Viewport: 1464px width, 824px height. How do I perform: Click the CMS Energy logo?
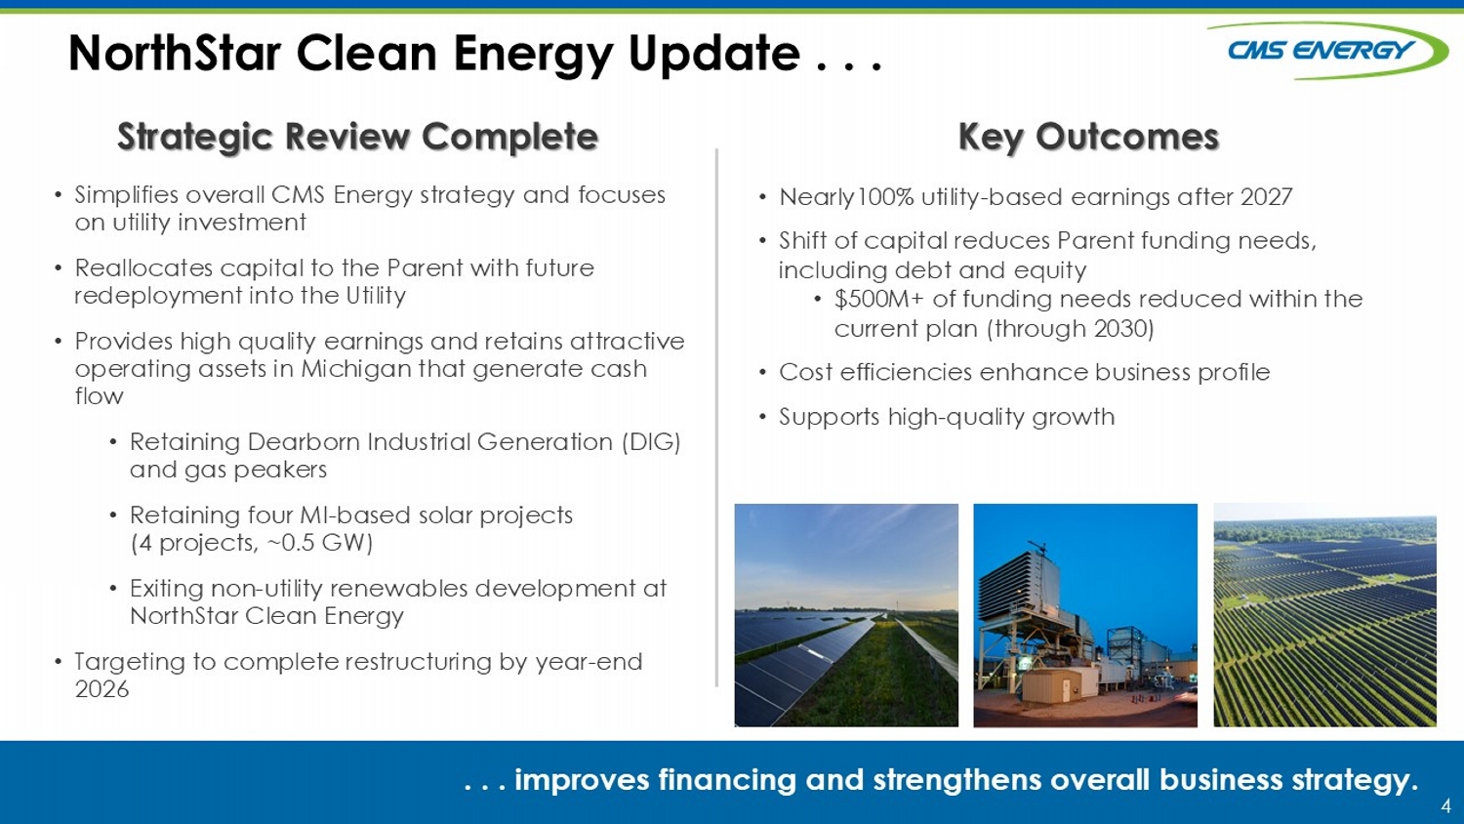coord(1326,51)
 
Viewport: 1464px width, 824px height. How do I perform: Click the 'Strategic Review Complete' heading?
coord(358,137)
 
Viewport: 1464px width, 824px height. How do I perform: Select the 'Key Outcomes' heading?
coord(1089,137)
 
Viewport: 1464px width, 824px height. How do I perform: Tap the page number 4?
coord(1445,805)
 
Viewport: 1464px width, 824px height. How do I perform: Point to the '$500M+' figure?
coord(879,299)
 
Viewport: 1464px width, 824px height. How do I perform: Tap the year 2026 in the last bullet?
coord(102,689)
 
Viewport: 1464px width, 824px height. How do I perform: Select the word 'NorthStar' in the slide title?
coord(175,53)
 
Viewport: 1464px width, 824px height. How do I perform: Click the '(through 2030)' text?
coord(1071,328)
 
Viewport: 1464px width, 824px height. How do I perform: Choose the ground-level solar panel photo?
coord(846,615)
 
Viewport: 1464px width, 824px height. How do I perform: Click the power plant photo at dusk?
coord(1085,615)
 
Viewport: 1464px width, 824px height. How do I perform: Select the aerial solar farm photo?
coord(1324,615)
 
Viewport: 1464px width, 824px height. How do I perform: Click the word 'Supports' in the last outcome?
coord(829,418)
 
